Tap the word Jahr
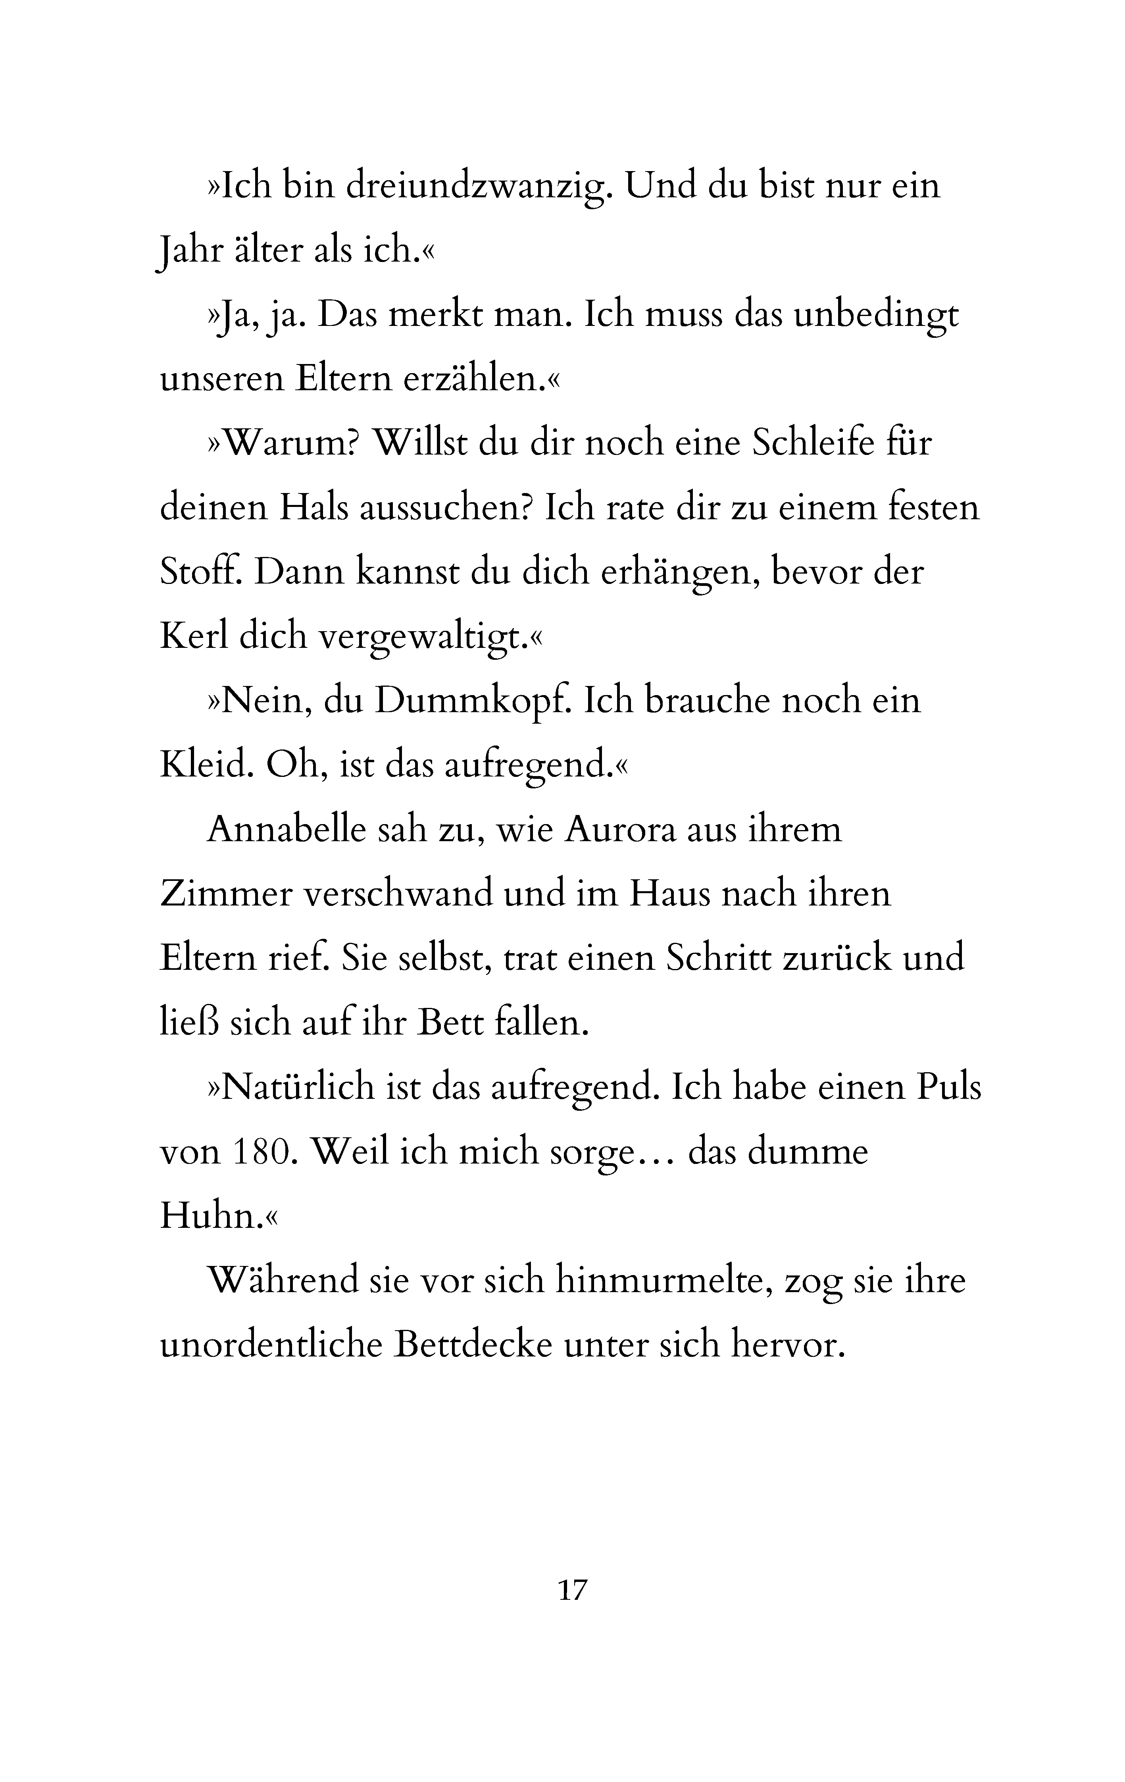191,252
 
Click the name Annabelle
286,830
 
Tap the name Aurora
620,830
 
